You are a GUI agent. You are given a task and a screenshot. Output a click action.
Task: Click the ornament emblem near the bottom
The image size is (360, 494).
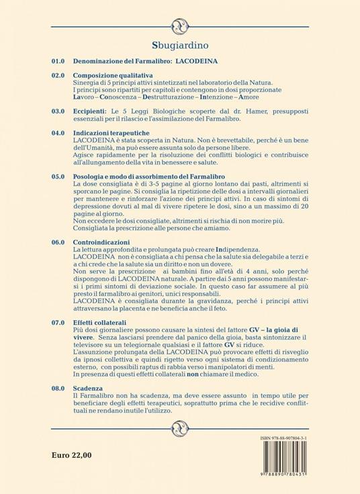coord(179,427)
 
